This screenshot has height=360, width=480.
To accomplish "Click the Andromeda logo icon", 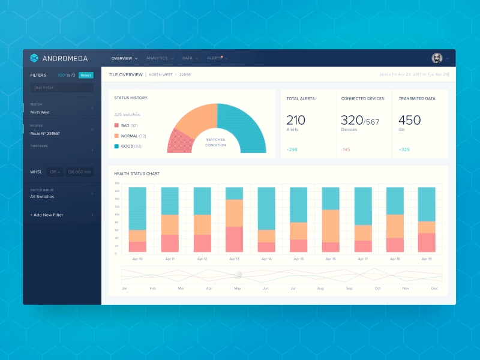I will pyautogui.click(x=34, y=58).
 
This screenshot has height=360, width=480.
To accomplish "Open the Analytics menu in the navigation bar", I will pyautogui.click(x=157, y=58).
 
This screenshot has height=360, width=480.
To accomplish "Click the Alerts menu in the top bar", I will pyautogui.click(x=214, y=58).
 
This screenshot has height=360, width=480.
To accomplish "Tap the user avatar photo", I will pyautogui.click(x=437, y=58).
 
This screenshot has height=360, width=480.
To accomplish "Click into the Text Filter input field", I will pyautogui.click(x=62, y=88).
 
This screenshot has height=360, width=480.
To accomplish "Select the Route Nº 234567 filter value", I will pyautogui.click(x=46, y=133).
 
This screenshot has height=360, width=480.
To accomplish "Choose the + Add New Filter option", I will pyautogui.click(x=47, y=215).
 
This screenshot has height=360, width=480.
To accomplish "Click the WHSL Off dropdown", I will pyautogui.click(x=56, y=172).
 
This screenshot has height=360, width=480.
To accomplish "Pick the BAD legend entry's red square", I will pyautogui.click(x=116, y=125).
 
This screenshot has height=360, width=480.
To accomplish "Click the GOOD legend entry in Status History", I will pyautogui.click(x=127, y=146).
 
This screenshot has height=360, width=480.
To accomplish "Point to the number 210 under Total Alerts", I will pyautogui.click(x=296, y=120).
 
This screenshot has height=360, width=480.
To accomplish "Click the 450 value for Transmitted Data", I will pyautogui.click(x=410, y=120).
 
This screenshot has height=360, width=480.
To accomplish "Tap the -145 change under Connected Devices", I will pyautogui.click(x=346, y=149).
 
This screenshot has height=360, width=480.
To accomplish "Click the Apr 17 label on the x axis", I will pyautogui.click(x=362, y=259).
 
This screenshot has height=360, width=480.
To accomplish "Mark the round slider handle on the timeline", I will pyautogui.click(x=238, y=275).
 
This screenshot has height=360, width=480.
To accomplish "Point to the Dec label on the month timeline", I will pyautogui.click(x=434, y=289).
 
